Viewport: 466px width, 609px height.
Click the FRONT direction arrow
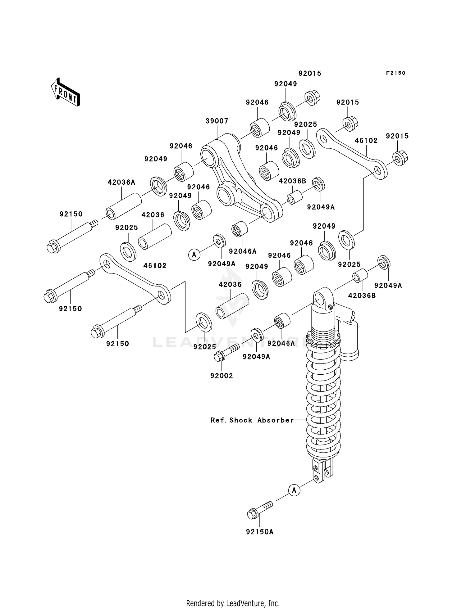pos(66,92)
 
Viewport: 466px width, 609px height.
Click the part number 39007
pos(217,121)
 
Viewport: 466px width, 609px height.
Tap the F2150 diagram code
pos(395,73)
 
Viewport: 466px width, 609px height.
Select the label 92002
pos(222,376)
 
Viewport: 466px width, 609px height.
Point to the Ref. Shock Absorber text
pos(252,420)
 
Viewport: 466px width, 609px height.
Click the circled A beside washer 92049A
pos(194,255)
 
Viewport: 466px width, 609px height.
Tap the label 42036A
pos(121,182)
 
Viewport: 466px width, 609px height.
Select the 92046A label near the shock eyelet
pos(281,343)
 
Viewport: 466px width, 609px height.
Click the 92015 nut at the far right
pos(400,158)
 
